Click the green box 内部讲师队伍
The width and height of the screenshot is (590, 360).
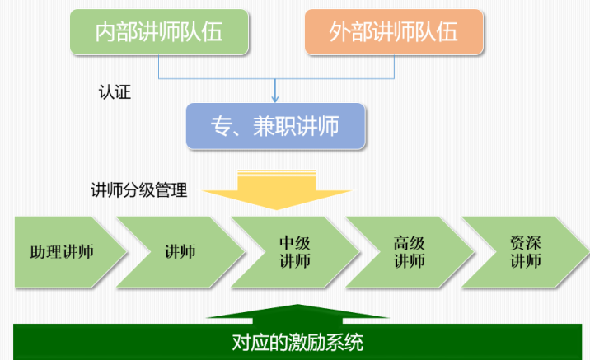tap(159, 32)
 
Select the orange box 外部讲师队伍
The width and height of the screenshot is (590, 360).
tap(394, 32)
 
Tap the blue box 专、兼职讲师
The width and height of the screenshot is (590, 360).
tap(275, 126)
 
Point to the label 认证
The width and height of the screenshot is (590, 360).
tap(115, 92)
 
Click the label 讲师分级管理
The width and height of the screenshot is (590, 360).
tap(138, 190)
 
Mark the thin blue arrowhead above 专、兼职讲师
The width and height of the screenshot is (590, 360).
tap(275, 99)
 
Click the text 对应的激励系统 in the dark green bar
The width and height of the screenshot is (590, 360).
tap(297, 343)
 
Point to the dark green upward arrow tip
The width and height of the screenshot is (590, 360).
tap(297, 304)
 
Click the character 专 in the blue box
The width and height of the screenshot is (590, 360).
tap(221, 126)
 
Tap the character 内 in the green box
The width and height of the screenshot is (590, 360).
tap(105, 32)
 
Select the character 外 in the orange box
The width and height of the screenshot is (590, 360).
tap(339, 32)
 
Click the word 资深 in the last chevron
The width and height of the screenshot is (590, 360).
tap(525, 243)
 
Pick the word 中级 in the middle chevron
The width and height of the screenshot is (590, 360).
tap(295, 243)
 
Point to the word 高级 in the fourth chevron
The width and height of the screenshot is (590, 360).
tap(410, 243)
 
